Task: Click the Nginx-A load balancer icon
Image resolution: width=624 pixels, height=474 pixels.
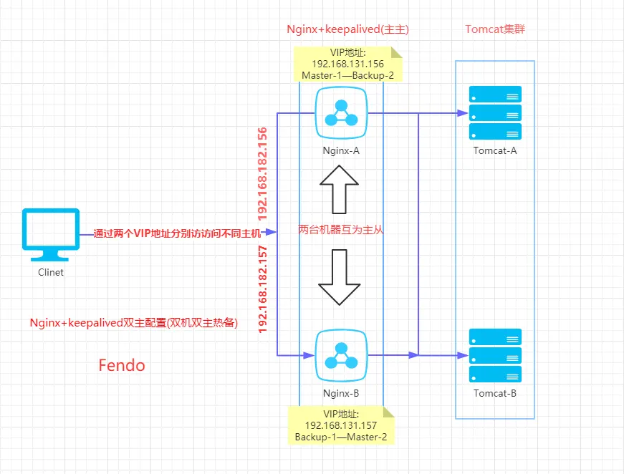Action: point(342,112)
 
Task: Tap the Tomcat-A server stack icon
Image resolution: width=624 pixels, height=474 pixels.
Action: point(495,112)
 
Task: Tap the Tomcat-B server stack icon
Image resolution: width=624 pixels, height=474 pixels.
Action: point(495,355)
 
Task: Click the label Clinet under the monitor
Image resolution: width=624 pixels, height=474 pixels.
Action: point(51,273)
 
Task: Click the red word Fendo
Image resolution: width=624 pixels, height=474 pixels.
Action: point(122,366)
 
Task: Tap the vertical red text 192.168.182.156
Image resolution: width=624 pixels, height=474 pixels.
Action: point(263,173)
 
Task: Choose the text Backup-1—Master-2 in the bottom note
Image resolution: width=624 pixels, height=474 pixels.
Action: point(340,436)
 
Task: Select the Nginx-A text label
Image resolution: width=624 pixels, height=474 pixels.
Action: point(340,152)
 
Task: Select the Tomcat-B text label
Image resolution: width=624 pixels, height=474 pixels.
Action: point(495,393)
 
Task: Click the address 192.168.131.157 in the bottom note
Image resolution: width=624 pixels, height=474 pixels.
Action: point(340,425)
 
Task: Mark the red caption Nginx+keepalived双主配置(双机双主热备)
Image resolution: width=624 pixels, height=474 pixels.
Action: point(133,323)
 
